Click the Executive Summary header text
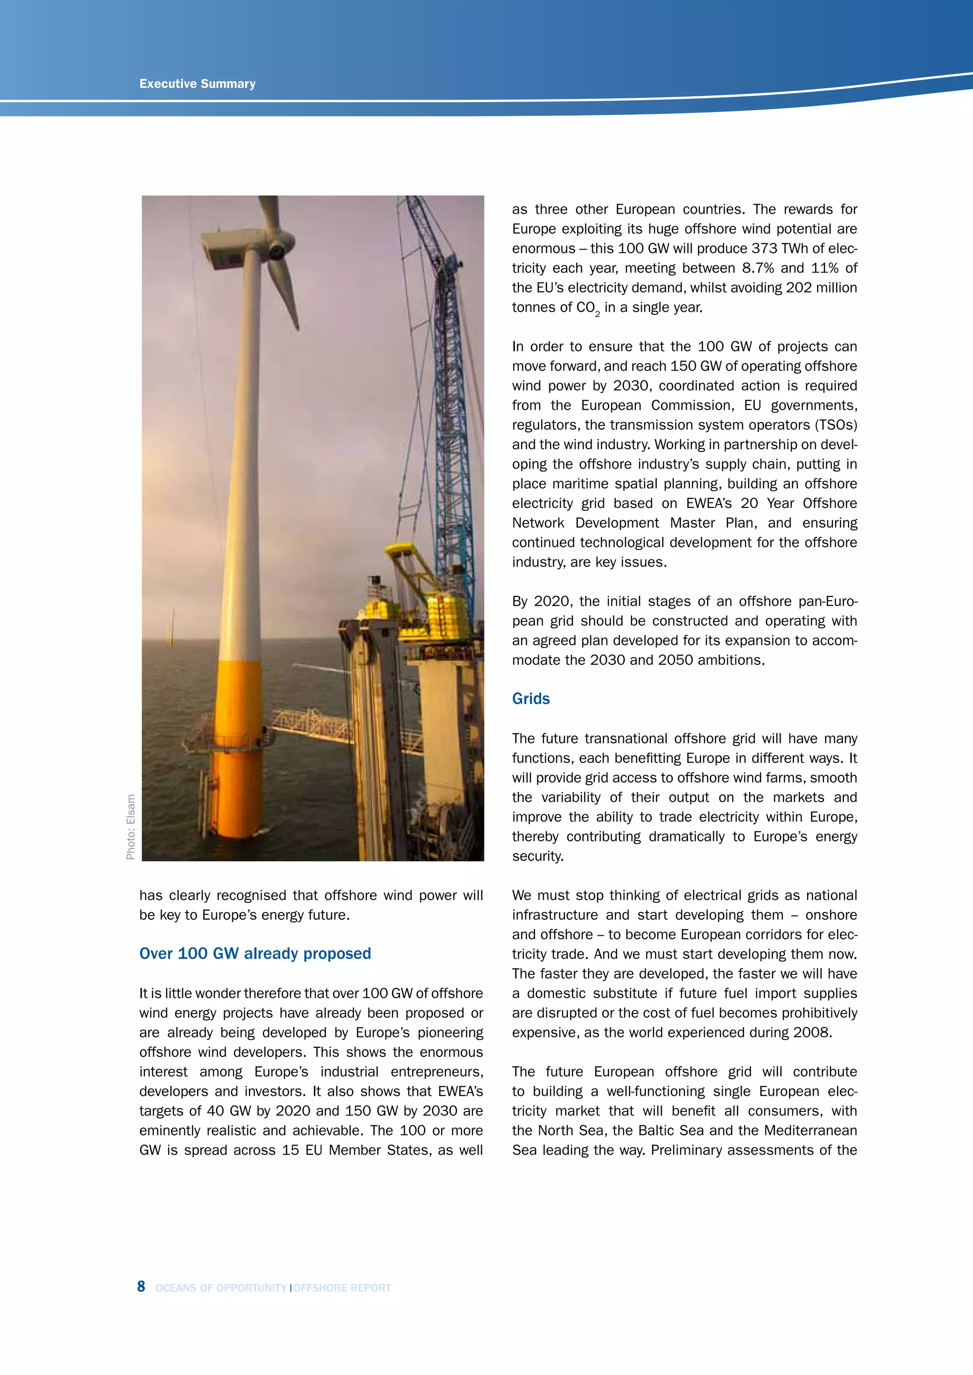click(197, 84)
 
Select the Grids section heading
click(530, 699)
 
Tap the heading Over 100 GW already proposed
click(255, 953)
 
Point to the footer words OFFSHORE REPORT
click(342, 1288)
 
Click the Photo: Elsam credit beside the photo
click(131, 827)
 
